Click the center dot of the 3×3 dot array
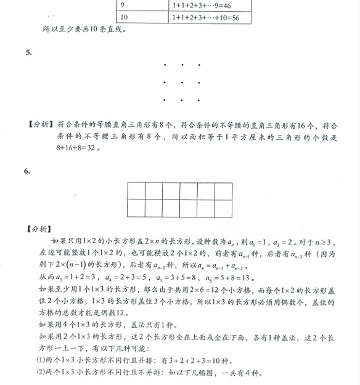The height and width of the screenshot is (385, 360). pos(182,81)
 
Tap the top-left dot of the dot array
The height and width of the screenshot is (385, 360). pos(165,65)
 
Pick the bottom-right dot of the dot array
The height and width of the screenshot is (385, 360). pos(198,98)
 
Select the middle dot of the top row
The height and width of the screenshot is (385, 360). pos(182,65)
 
